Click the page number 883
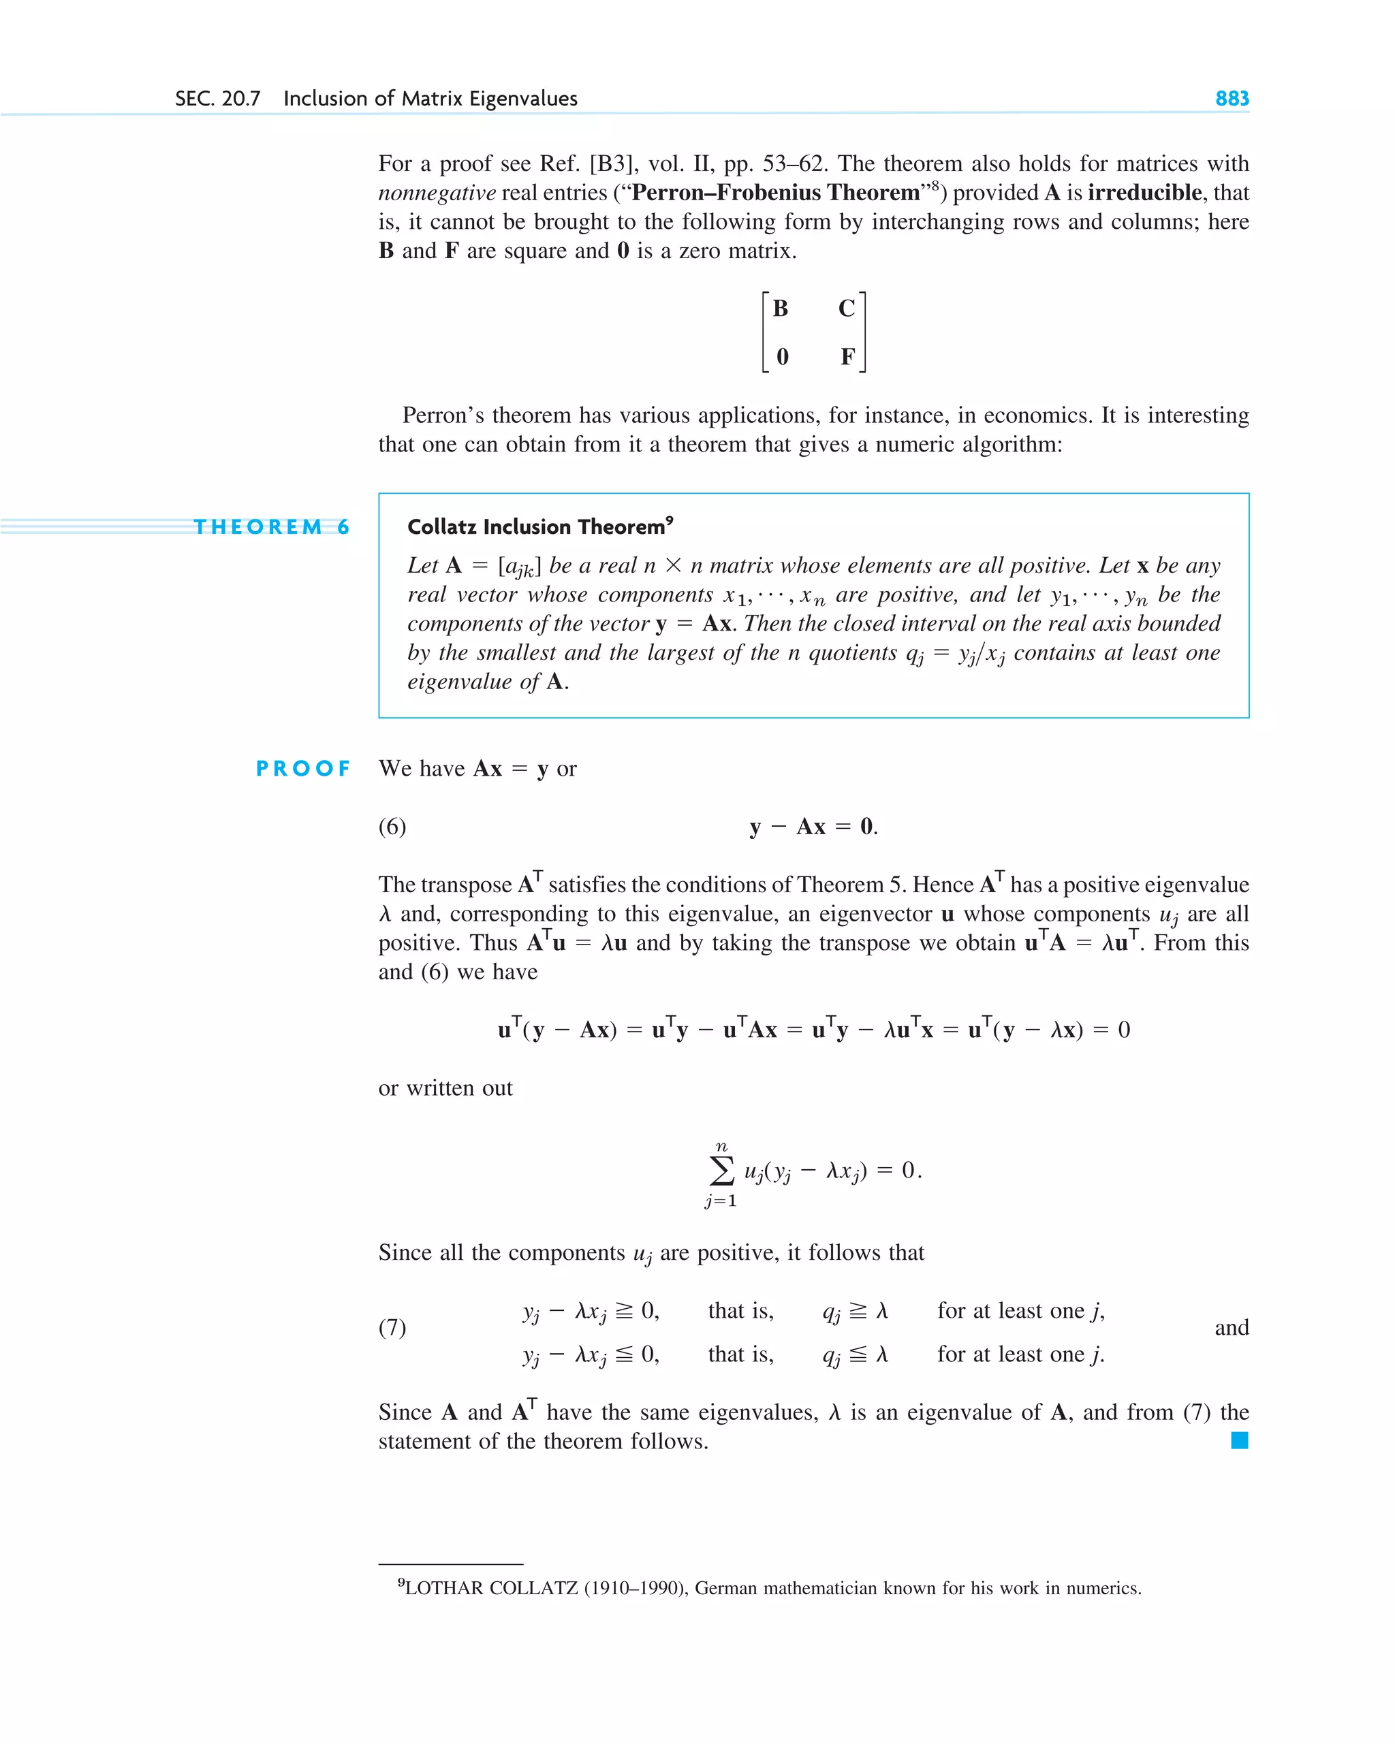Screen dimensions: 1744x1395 pyautogui.click(x=1232, y=99)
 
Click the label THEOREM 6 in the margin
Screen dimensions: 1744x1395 pyautogui.click(x=271, y=526)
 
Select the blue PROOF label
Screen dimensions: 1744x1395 pyautogui.click(x=302, y=767)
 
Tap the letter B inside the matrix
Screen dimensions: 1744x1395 pyautogui.click(x=780, y=308)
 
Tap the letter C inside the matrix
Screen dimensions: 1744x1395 pyautogui.click(x=847, y=308)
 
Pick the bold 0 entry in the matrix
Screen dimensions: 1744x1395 pyautogui.click(x=782, y=356)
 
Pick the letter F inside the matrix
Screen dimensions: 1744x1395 pyautogui.click(x=847, y=356)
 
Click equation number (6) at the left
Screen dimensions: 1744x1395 pyautogui.click(x=392, y=826)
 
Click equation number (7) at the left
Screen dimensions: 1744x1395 pyautogui.click(x=392, y=1327)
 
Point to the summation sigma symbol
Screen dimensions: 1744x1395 pyautogui.click(x=721, y=1170)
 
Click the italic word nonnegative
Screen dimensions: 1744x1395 pyautogui.click(x=437, y=193)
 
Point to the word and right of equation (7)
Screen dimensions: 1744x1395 pyautogui.click(x=1231, y=1327)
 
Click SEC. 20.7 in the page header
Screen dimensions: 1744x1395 pyautogui.click(x=218, y=99)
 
